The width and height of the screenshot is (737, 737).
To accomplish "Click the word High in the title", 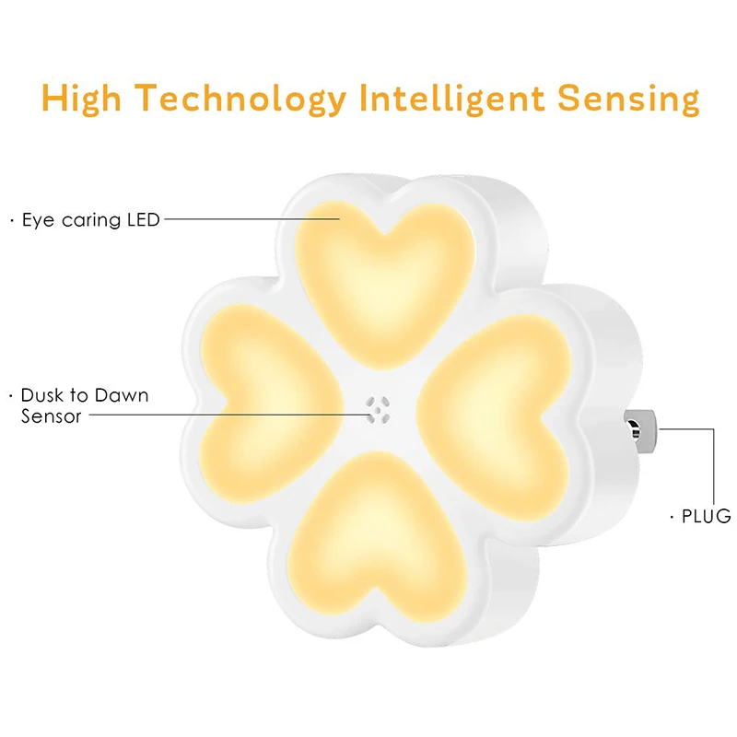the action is pyautogui.click(x=81, y=99).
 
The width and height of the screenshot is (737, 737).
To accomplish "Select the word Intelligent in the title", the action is pyautogui.click(x=452, y=98).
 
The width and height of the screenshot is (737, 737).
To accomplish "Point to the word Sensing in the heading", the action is pyautogui.click(x=628, y=99).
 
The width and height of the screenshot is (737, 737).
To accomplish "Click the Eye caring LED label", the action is pyautogui.click(x=90, y=220).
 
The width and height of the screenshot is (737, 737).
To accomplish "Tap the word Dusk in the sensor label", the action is pyautogui.click(x=41, y=395).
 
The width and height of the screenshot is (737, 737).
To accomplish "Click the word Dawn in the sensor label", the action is pyautogui.click(x=122, y=395).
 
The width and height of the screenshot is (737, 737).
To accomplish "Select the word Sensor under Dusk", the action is pyautogui.click(x=52, y=416).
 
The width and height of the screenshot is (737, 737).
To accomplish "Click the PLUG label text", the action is pyautogui.click(x=706, y=516).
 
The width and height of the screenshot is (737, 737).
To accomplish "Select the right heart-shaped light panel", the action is pyautogui.click(x=496, y=416).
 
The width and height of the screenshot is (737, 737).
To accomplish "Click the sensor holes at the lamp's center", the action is pyautogui.click(x=378, y=409).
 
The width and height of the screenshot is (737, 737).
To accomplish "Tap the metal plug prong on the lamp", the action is pyautogui.click(x=639, y=431).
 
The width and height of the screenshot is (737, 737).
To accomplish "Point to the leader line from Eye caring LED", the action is pyautogui.click(x=252, y=218).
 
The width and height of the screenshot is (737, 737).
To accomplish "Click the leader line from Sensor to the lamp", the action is pyautogui.click(x=229, y=415).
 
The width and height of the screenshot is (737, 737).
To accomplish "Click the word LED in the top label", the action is pyautogui.click(x=144, y=219).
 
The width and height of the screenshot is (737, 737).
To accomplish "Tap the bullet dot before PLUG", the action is pyautogui.click(x=672, y=517).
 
